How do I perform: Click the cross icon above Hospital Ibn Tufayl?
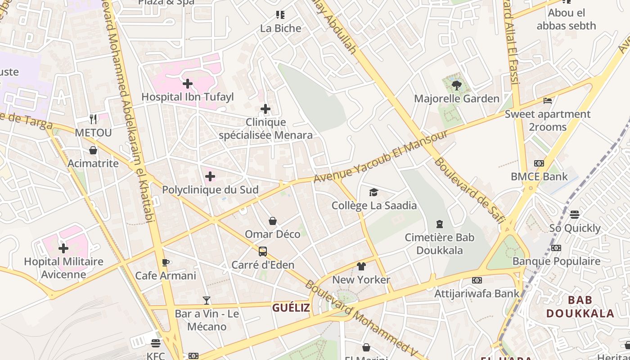click(x=188, y=84)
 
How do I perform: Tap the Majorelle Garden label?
click(x=456, y=99)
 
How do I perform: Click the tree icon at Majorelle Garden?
click(x=456, y=85)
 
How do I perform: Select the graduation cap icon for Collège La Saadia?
click(x=373, y=193)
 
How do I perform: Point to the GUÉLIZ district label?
click(x=291, y=308)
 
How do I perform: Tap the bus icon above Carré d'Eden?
click(x=262, y=252)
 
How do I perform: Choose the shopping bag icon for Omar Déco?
click(x=272, y=221)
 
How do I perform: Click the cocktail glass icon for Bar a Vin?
click(x=206, y=300)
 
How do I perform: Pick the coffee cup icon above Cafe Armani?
click(x=165, y=262)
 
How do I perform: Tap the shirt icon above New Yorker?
click(x=361, y=266)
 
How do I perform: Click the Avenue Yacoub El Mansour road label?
click(x=381, y=156)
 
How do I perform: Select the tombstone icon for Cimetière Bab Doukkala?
click(x=440, y=224)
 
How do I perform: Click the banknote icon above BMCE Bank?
click(x=539, y=163)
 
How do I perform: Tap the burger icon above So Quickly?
click(x=574, y=215)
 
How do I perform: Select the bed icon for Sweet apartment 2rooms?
click(x=547, y=101)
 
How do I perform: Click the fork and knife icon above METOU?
click(x=93, y=119)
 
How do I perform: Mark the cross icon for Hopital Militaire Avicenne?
click(x=63, y=248)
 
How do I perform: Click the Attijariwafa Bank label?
click(x=477, y=294)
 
